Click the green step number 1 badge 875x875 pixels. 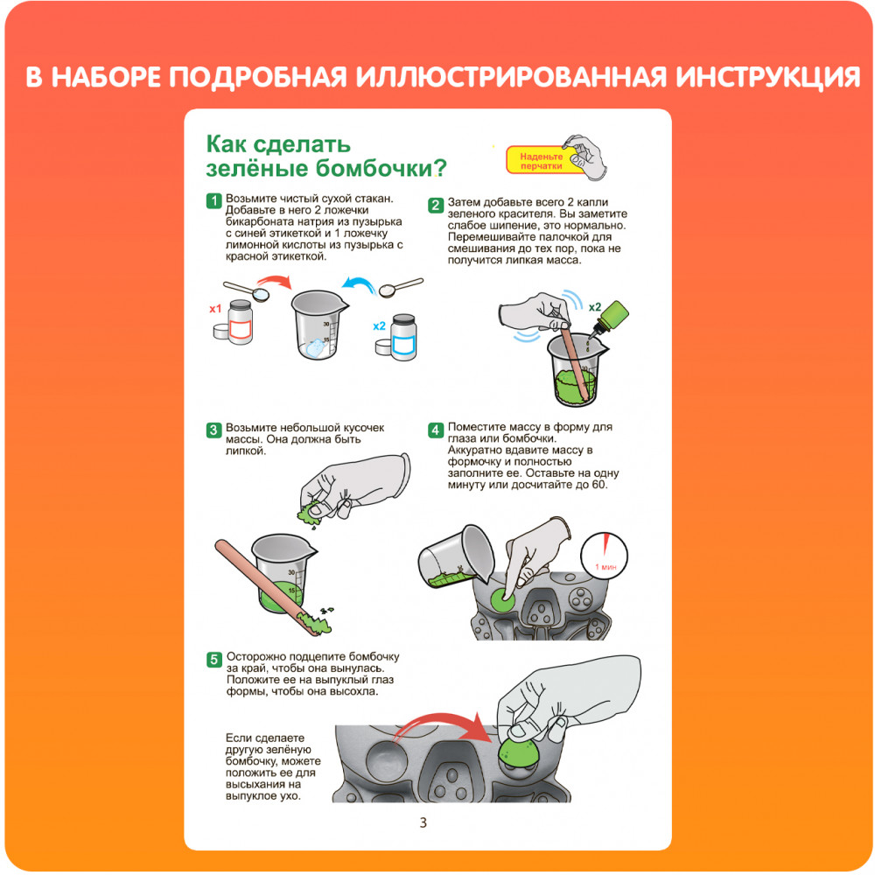(213, 200)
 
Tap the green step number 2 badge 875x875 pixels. (435, 205)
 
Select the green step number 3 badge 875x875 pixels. (213, 430)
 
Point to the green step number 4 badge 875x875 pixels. (435, 430)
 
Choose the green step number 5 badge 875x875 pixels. (214, 660)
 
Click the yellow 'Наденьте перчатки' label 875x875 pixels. (540, 161)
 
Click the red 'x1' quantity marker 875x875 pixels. (215, 309)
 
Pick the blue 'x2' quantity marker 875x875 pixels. (380, 325)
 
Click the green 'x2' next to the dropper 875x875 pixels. (595, 307)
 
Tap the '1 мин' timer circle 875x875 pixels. (605, 556)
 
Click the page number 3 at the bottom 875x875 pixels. (423, 822)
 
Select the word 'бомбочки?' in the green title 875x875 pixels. (381, 168)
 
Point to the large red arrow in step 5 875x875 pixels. (441, 724)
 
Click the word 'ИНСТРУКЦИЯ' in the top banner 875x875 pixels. (768, 77)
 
